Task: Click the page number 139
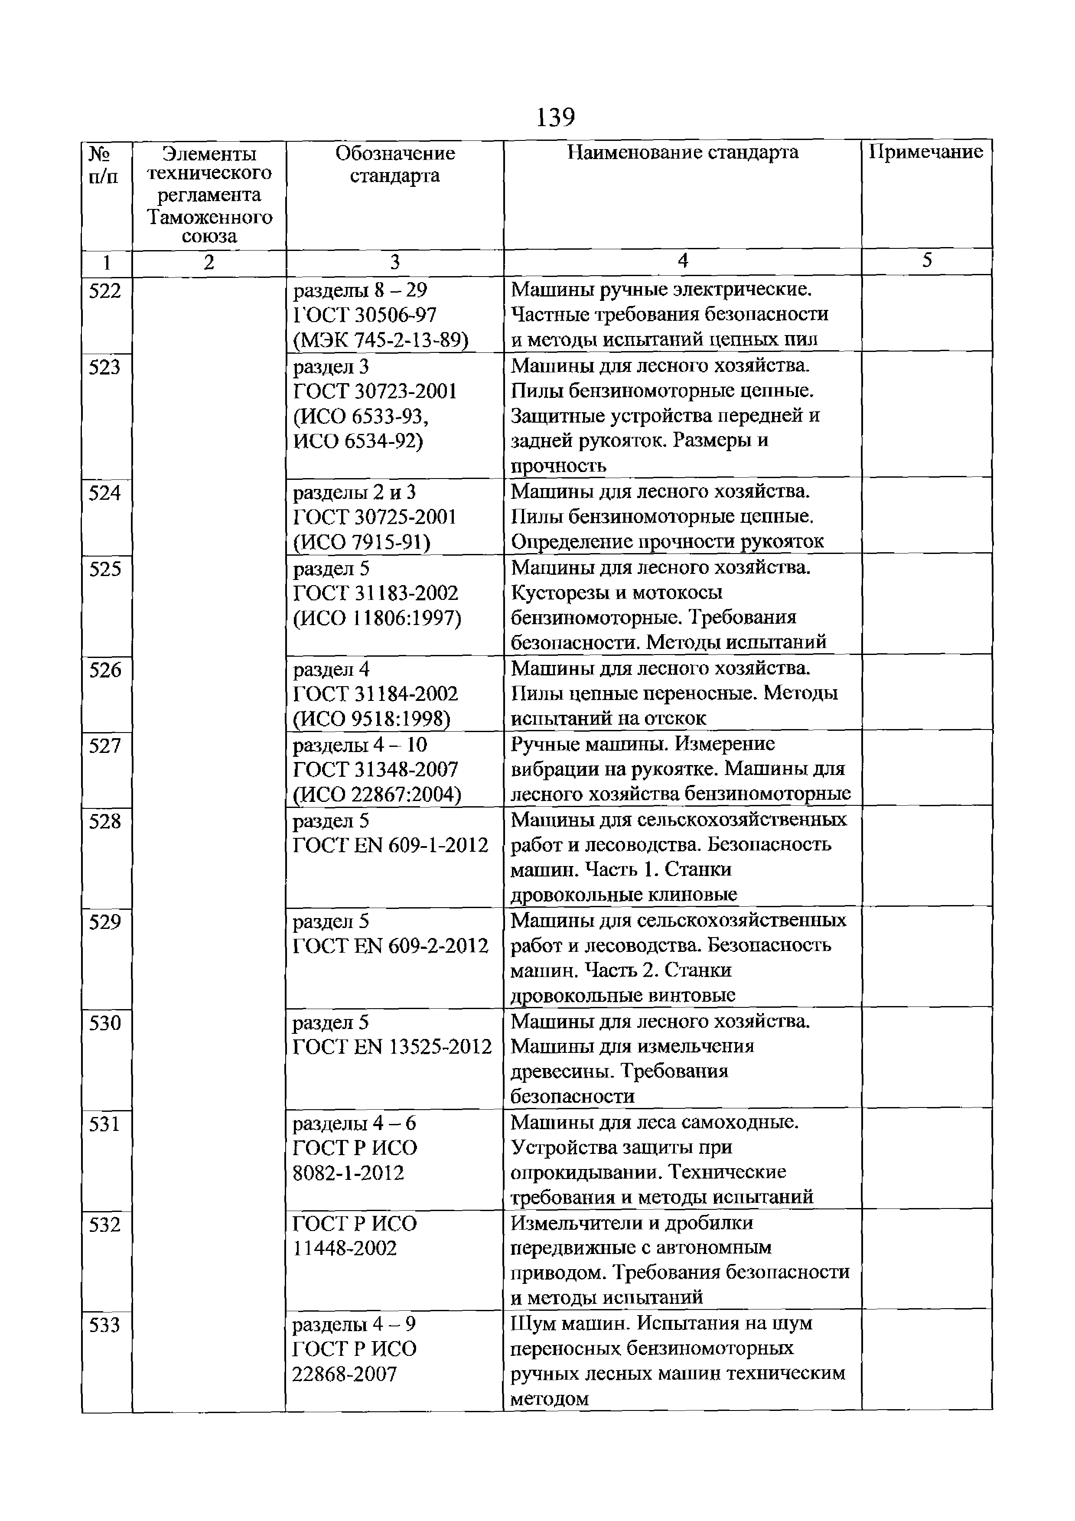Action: pos(555,118)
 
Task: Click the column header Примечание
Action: pos(926,153)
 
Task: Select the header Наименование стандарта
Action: pos(682,153)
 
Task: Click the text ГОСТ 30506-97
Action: pos(365,315)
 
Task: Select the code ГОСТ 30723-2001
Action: pos(375,391)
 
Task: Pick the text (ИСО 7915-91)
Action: pos(362,543)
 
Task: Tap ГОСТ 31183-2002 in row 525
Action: pos(375,593)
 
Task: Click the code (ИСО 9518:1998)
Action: pos(371,719)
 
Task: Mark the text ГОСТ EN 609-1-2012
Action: pos(390,845)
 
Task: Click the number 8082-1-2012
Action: pos(349,1173)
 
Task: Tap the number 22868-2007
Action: pos(345,1374)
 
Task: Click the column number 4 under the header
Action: pos(682,261)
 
